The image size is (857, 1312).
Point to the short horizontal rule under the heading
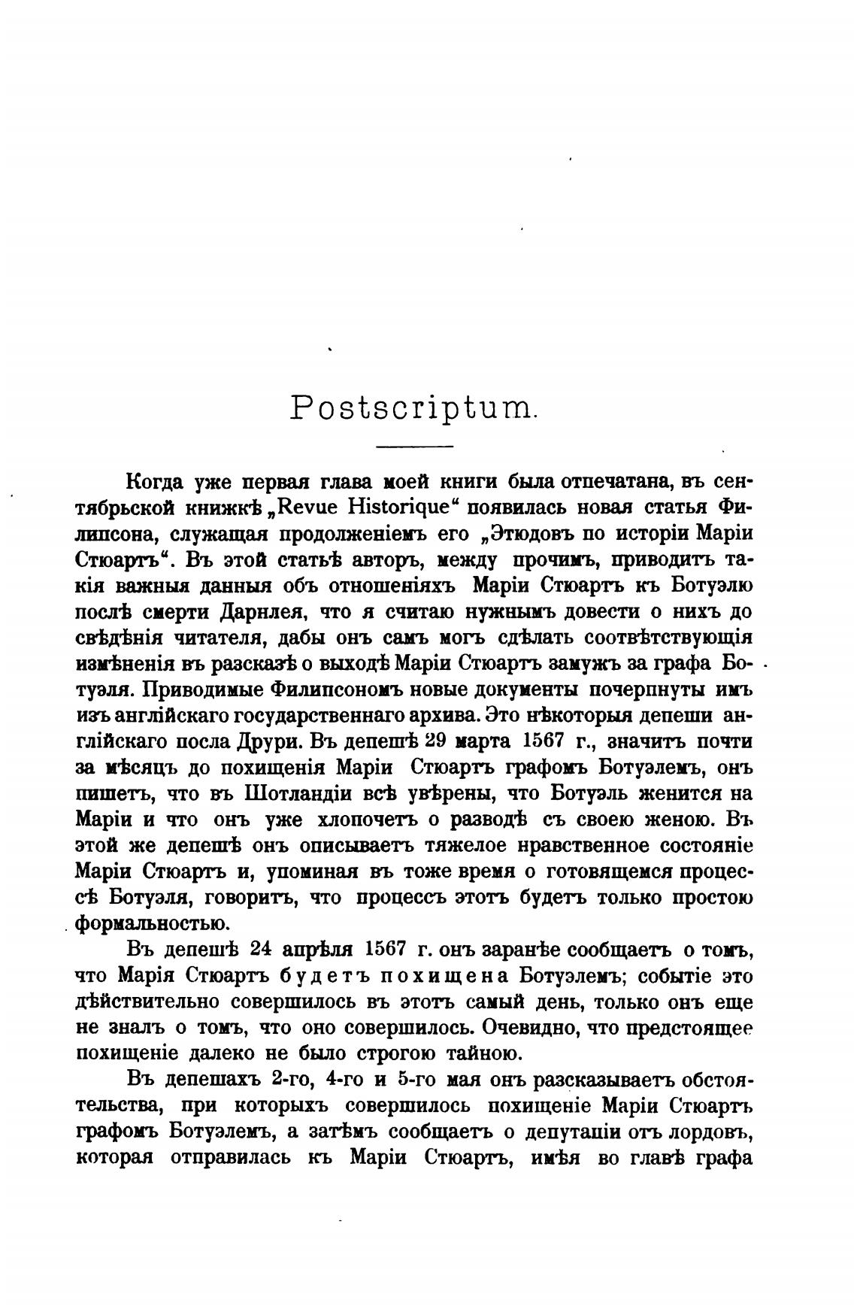click(414, 448)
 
